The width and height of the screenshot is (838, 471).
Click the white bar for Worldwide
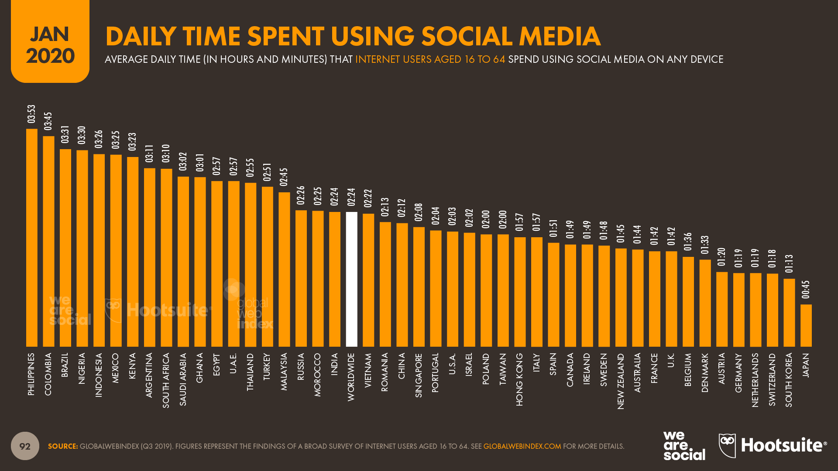[351, 279]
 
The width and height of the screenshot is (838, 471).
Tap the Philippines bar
[32, 238]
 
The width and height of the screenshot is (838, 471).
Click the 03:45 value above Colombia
[48, 121]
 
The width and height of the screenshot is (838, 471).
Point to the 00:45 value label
[806, 290]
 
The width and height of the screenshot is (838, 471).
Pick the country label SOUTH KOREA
[789, 380]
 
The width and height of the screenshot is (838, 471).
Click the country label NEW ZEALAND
[621, 381]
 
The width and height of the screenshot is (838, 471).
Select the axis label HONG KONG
[519, 379]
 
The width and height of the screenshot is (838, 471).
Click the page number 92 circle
[25, 446]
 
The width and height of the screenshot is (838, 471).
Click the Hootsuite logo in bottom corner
[773, 446]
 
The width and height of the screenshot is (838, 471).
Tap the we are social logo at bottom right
[684, 446]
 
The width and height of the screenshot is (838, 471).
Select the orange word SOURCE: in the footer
[63, 446]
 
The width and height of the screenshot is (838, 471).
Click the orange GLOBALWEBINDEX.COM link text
[522, 446]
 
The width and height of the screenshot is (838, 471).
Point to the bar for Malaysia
[284, 270]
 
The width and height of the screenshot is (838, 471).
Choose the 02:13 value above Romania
[385, 207]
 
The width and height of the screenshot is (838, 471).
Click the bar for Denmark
[705, 303]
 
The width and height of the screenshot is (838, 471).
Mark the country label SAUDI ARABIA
[183, 379]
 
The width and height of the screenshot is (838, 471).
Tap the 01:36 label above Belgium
[688, 242]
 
